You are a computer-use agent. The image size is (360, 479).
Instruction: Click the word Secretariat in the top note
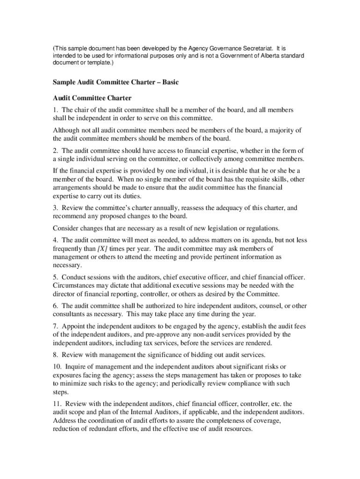[x=256, y=48]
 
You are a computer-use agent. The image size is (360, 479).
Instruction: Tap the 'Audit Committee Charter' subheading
[x=92, y=98]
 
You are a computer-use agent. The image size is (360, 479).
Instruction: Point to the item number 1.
[x=55, y=110]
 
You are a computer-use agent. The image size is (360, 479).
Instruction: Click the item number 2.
[x=55, y=151]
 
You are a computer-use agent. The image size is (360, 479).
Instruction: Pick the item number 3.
[x=55, y=208]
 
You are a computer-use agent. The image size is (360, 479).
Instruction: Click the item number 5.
[x=55, y=277]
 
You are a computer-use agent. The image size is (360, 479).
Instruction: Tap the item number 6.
[x=55, y=306]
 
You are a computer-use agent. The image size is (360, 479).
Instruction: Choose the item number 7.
[x=55, y=327]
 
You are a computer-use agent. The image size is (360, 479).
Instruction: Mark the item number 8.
[x=55, y=355]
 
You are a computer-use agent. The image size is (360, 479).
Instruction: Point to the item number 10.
[x=57, y=366]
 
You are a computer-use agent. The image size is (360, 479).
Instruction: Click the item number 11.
[x=57, y=403]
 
